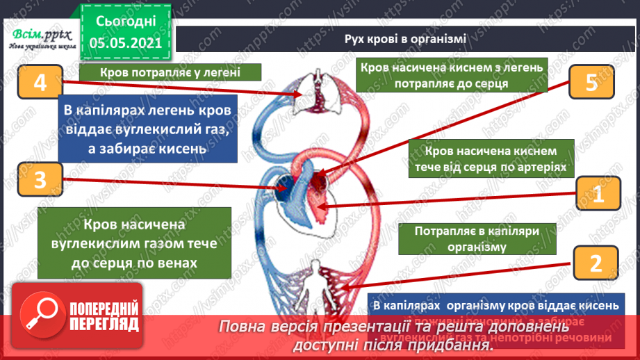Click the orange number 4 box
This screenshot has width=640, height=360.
tap(39, 83)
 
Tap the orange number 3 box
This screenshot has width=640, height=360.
tap(39, 180)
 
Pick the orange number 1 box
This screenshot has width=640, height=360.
tap(596, 197)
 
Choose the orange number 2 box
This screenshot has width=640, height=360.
tap(594, 263)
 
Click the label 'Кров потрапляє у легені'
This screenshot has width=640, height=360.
tap(170, 73)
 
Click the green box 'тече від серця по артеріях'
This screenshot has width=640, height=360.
tap(492, 159)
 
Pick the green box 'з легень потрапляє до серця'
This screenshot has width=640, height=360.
tap(451, 74)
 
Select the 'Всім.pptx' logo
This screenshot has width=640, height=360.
tap(38, 36)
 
